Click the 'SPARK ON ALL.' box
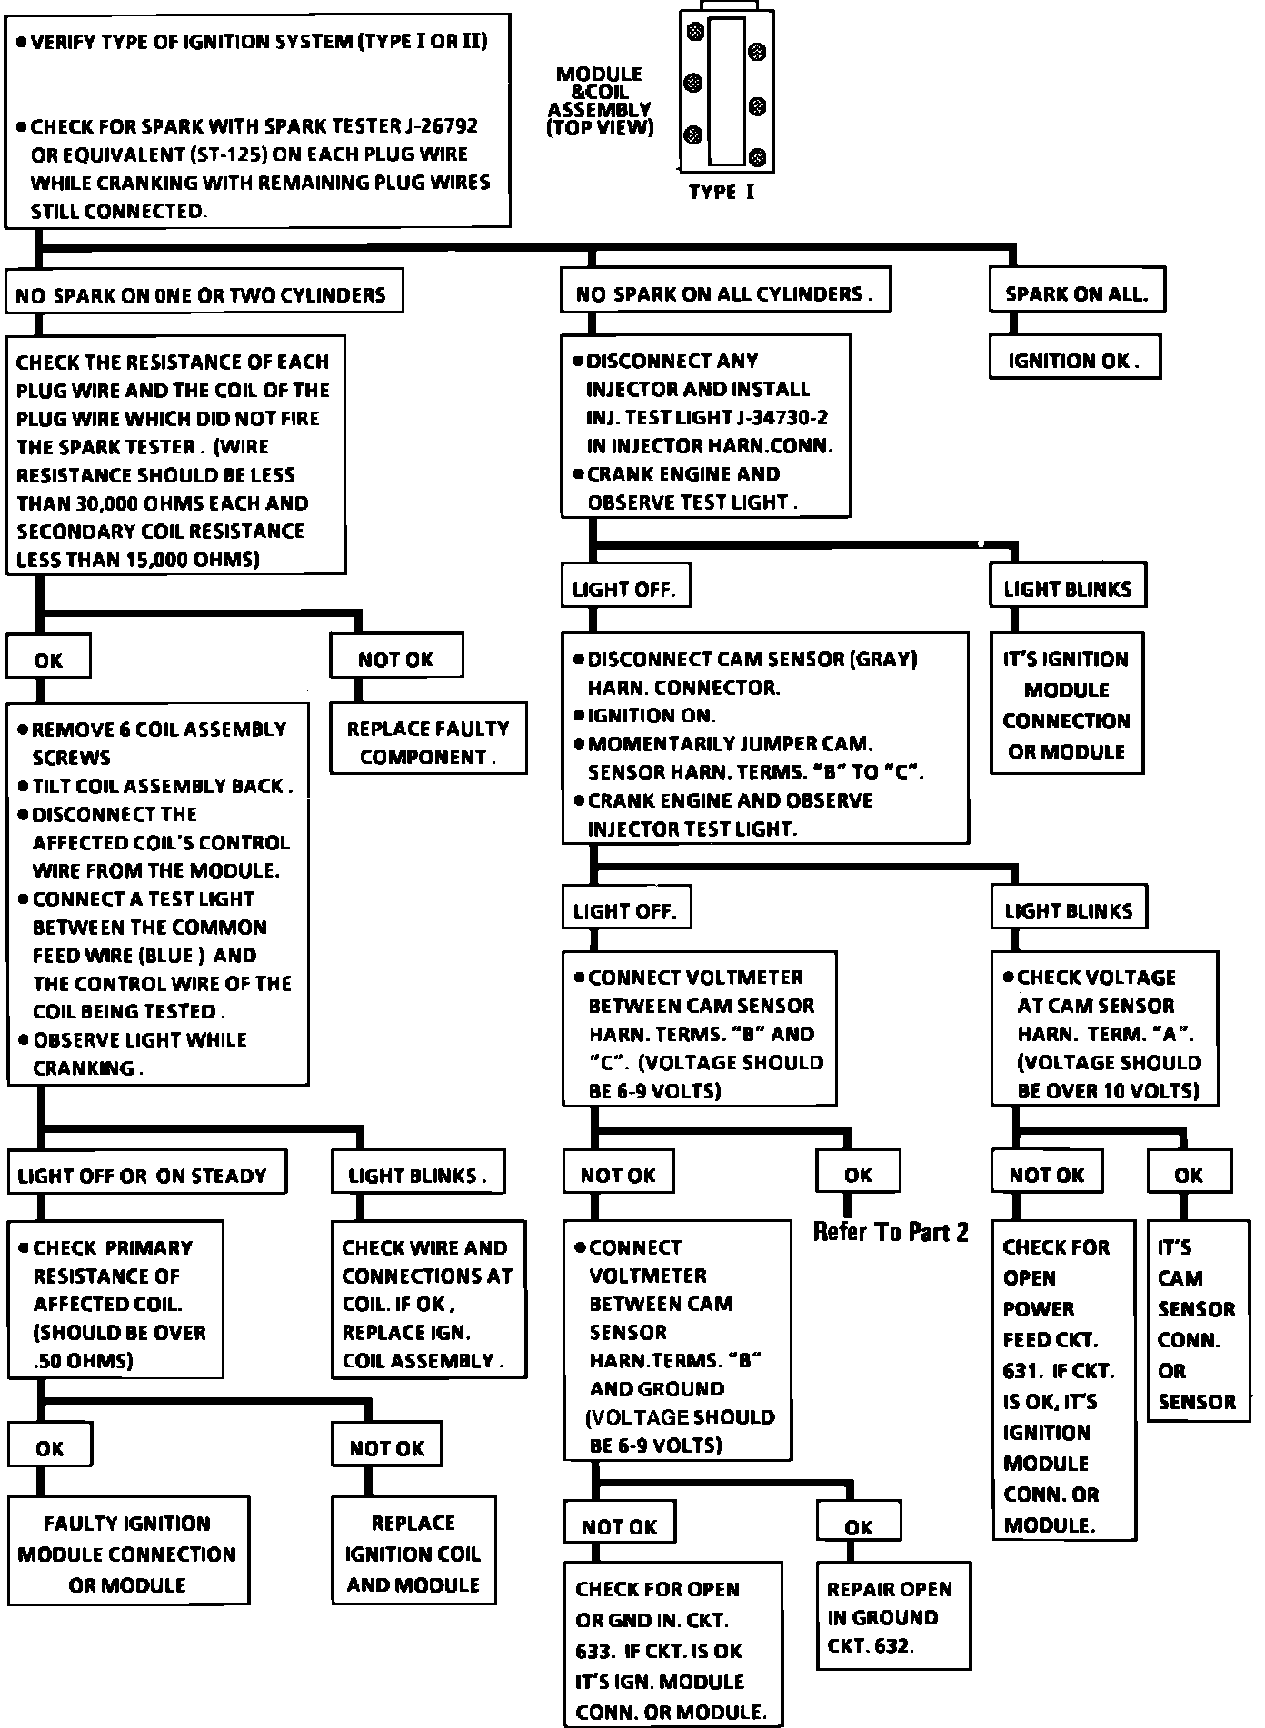(1076, 291)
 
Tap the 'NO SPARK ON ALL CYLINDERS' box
(724, 291)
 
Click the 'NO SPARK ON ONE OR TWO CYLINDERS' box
(204, 292)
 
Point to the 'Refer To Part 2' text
(891, 1232)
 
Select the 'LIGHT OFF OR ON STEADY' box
(145, 1173)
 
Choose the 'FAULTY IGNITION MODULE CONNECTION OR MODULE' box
(128, 1553)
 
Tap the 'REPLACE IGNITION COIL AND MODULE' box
(413, 1553)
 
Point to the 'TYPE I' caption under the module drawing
(722, 192)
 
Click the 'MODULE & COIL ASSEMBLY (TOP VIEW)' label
(600, 101)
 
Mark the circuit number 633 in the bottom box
(594, 1651)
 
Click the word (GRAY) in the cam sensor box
(882, 659)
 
